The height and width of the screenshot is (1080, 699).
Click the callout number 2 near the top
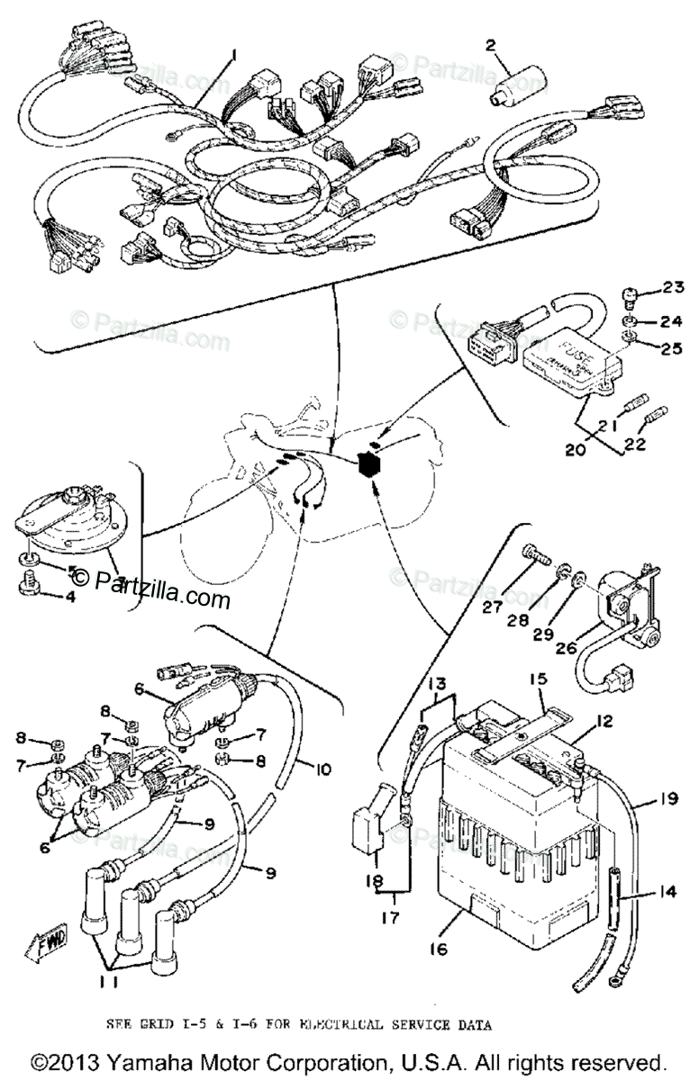(491, 46)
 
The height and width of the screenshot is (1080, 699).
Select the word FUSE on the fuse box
(552, 348)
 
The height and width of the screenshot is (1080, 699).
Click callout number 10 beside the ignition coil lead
(323, 770)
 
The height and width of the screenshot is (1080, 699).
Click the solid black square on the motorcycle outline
(368, 465)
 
